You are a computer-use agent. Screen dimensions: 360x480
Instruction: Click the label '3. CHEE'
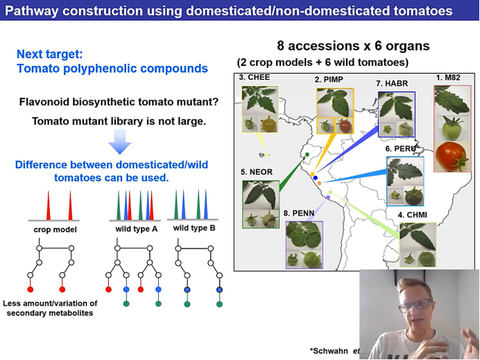point(254,77)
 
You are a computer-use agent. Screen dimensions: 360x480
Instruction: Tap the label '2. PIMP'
point(329,80)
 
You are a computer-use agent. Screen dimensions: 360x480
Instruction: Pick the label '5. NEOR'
point(256,171)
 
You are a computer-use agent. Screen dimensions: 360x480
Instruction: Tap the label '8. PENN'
point(300,213)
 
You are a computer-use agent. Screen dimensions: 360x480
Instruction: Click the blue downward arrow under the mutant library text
point(120,143)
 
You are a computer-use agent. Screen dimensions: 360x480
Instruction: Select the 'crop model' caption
point(55,229)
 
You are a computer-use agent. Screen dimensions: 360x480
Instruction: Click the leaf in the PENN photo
point(302,234)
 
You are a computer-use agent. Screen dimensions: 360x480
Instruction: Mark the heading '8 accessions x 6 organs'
point(353,46)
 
